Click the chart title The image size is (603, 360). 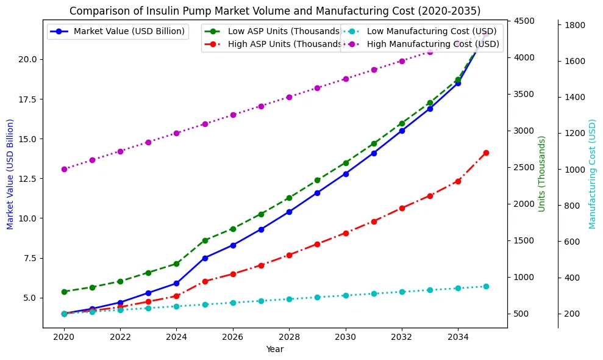click(x=274, y=10)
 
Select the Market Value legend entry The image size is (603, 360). click(x=129, y=31)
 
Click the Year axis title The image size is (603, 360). click(x=274, y=350)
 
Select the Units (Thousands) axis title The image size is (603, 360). click(x=542, y=174)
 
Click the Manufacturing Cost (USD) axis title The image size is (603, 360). click(x=592, y=174)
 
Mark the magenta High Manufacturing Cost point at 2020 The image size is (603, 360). click(x=64, y=169)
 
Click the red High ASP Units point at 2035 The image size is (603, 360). click(x=486, y=153)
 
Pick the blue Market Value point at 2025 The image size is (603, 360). click(x=205, y=258)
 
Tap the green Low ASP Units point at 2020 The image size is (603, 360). click(x=64, y=292)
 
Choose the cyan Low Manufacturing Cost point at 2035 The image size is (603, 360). click(x=486, y=286)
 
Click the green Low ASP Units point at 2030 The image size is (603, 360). click(x=346, y=163)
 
